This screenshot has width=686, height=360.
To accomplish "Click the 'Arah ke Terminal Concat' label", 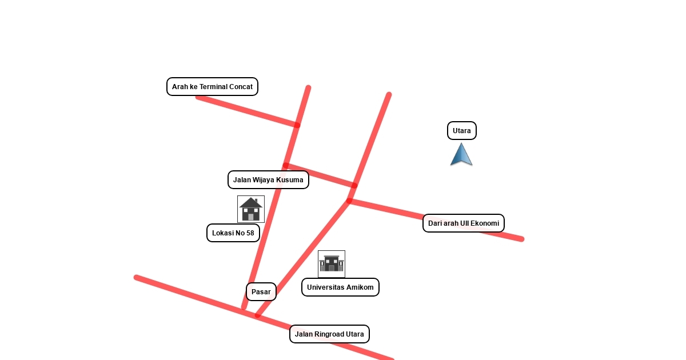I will click(x=212, y=87).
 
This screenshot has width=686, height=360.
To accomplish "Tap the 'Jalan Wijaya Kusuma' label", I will click(x=268, y=180).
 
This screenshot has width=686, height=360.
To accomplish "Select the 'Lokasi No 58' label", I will click(x=233, y=233).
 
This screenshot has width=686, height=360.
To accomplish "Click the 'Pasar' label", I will click(x=261, y=292).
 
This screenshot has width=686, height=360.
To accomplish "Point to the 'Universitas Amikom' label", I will click(x=340, y=287).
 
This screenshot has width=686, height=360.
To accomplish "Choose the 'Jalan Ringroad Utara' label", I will click(x=329, y=334).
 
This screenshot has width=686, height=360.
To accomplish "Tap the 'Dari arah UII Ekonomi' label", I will click(x=464, y=223).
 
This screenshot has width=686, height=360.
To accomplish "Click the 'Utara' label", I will click(x=462, y=131).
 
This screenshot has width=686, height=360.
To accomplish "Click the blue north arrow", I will click(x=461, y=155).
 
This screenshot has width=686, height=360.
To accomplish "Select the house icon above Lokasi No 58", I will click(x=251, y=209).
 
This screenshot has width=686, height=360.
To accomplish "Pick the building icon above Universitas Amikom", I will click(x=332, y=264).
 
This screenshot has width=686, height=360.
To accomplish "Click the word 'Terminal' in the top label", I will click(x=213, y=87).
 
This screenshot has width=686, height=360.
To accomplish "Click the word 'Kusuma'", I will click(x=290, y=180).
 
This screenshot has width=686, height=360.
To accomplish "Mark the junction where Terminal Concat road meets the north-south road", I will click(x=297, y=125).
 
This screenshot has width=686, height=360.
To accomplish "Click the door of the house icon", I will click(x=250, y=217).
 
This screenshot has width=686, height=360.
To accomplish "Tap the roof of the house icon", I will click(x=251, y=202).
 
